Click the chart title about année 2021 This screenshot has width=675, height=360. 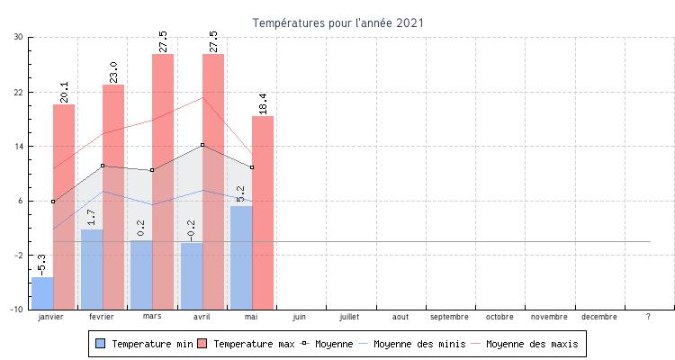337,22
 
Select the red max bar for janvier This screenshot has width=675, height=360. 64,207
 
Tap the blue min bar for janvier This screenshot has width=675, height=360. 42,293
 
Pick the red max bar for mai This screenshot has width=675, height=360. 263,212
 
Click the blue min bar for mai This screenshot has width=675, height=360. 241,257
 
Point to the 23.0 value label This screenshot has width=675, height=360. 114,73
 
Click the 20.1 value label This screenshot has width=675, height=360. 64,93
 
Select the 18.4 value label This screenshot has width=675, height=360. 263,104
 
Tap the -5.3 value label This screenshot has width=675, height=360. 42,265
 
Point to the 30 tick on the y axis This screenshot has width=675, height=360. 19,37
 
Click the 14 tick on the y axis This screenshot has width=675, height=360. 19,146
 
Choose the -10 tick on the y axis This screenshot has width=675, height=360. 17,310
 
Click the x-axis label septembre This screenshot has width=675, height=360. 449,317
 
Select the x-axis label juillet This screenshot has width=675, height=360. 349,317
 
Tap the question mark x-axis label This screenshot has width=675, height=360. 648,317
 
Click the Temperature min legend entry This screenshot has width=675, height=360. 144,344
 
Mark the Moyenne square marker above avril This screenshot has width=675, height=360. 202,145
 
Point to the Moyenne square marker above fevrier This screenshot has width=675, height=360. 103,166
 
